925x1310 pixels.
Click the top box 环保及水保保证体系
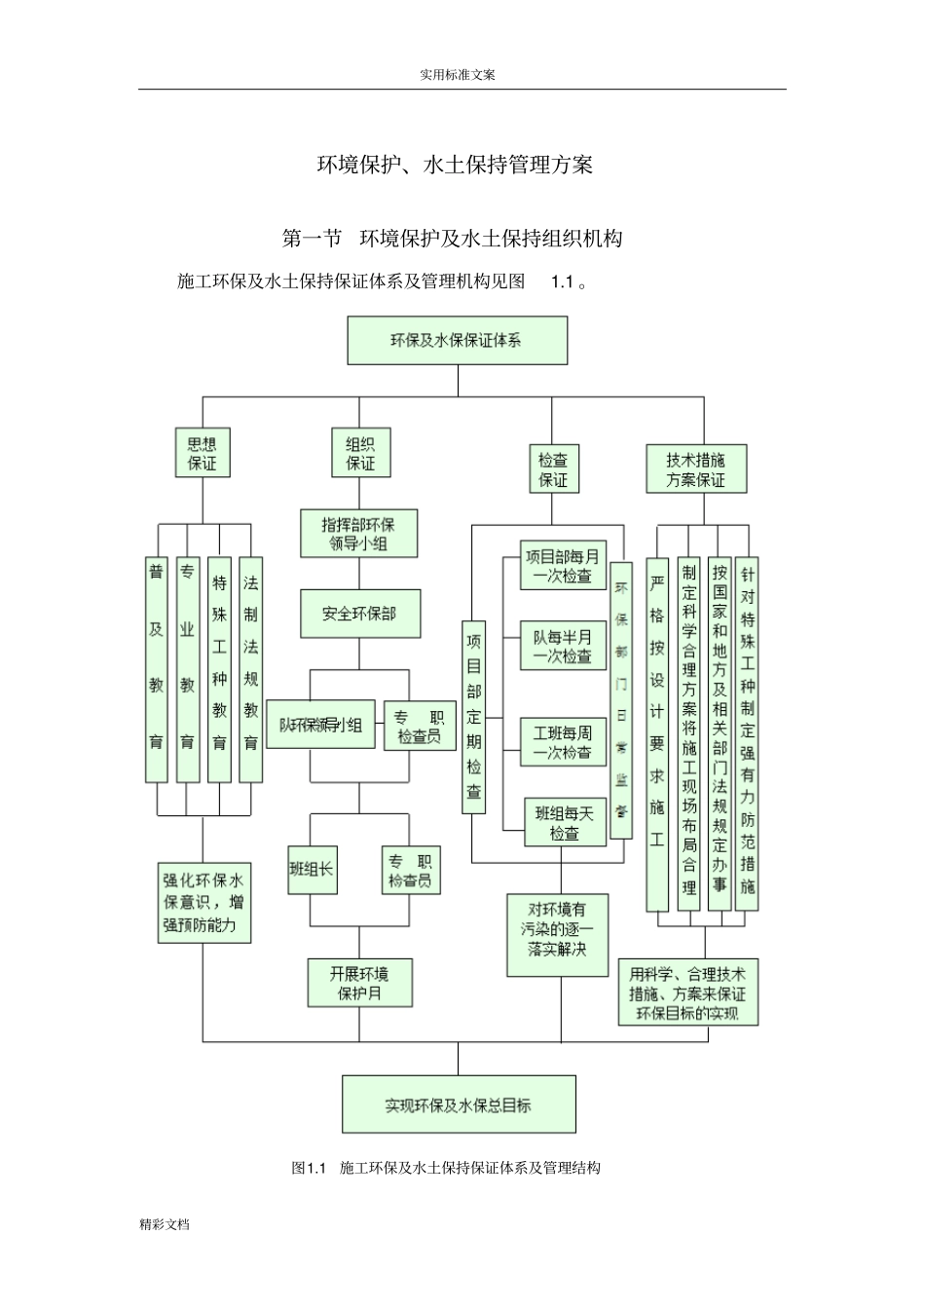pyautogui.click(x=457, y=340)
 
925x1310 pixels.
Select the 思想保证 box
pyautogui.click(x=203, y=453)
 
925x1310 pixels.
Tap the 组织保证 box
pyautogui.click(x=360, y=453)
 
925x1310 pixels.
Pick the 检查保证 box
pyautogui.click(x=553, y=469)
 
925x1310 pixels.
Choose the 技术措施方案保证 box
pyautogui.click(x=696, y=469)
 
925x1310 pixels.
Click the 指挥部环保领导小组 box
pyautogui.click(x=359, y=533)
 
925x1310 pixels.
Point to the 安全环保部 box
pyautogui.click(x=359, y=614)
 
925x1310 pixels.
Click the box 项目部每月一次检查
pyautogui.click(x=563, y=566)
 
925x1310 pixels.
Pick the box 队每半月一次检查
pyautogui.click(x=563, y=646)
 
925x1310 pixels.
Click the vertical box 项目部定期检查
pyautogui.click(x=473, y=716)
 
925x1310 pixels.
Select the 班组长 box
pyautogui.click(x=312, y=869)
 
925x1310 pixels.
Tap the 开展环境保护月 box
pyautogui.click(x=359, y=983)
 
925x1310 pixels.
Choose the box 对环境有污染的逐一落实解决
pyautogui.click(x=559, y=935)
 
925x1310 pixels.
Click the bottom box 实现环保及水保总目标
pyautogui.click(x=459, y=1104)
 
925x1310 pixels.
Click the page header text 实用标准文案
pyautogui.click(x=457, y=74)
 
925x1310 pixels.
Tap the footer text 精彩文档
pyautogui.click(x=165, y=1224)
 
